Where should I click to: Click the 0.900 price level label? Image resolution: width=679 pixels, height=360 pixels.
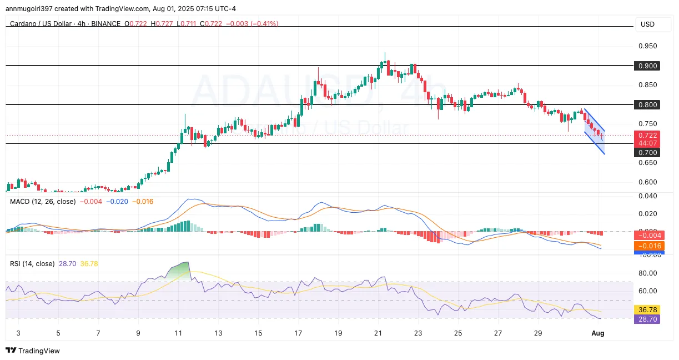[648, 66]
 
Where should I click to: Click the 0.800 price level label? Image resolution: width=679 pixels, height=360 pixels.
[648, 104]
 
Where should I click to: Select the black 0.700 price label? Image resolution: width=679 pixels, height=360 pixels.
[648, 152]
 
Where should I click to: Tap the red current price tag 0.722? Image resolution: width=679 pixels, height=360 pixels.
[648, 135]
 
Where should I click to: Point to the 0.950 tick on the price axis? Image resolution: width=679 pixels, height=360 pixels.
[648, 46]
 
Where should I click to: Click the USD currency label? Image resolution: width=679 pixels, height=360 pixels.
[647, 24]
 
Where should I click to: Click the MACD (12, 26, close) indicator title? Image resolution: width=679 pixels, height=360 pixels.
[43, 201]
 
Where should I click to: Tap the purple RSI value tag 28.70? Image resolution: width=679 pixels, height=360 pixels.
[648, 319]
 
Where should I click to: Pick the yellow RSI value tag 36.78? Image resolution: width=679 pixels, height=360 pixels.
[648, 310]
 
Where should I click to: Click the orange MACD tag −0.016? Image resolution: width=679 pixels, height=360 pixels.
[648, 246]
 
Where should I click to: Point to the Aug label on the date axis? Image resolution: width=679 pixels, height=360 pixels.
[597, 333]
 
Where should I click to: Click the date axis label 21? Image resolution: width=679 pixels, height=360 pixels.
[378, 333]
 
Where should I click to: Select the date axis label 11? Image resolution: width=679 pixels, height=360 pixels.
[178, 333]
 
